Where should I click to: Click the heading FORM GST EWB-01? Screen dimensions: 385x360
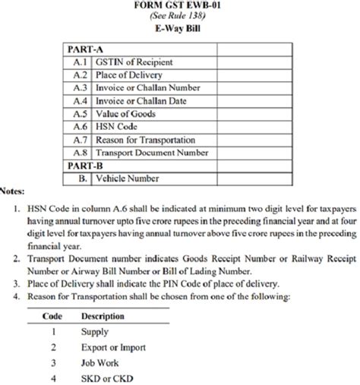(180, 7)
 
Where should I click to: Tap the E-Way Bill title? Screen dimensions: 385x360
(180, 32)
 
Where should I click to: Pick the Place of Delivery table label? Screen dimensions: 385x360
(131, 74)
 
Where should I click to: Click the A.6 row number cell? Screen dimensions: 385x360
(81, 126)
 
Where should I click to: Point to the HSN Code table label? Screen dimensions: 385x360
(118, 126)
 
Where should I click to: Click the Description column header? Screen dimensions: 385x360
(103, 314)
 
